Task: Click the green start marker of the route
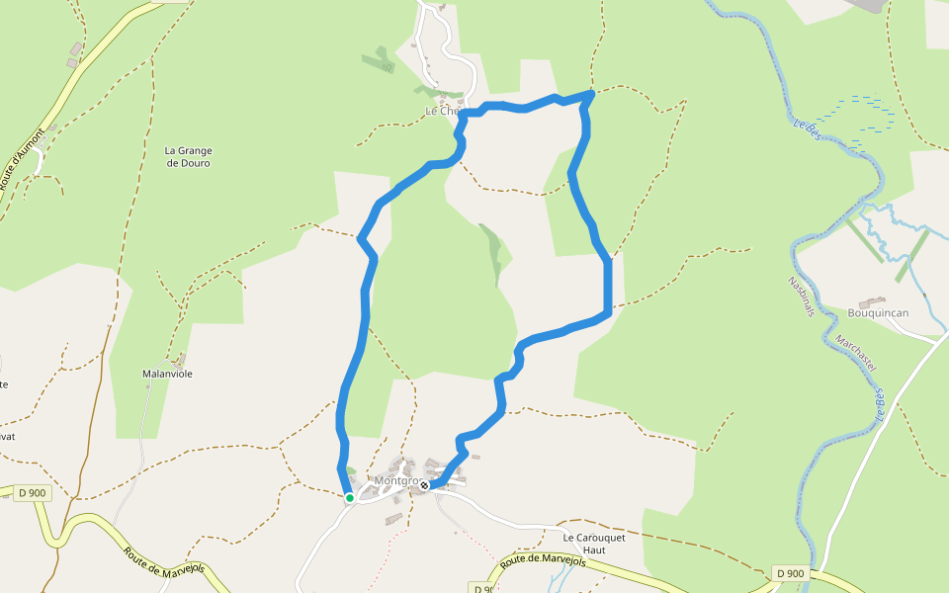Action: pos(349,497)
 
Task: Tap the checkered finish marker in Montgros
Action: pos(424,484)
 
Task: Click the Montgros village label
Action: pos(396,481)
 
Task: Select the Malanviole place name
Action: pos(167,375)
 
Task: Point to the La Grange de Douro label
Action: pos(188,156)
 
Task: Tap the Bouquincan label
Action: pos(878,313)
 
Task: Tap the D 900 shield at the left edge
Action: pos(33,492)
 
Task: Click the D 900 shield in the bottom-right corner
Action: pos(790,573)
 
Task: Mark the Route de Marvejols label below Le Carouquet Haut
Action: pos(543,561)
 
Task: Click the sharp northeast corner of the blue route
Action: pos(591,93)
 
